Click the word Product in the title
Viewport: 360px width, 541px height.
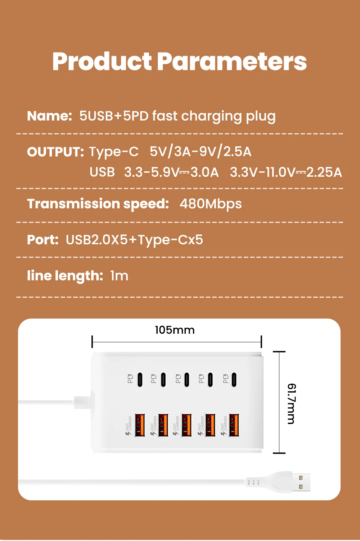click(x=102, y=62)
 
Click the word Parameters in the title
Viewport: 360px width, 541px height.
click(x=231, y=62)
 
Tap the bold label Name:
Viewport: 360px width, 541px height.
click(x=50, y=116)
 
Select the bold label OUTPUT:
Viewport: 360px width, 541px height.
click(x=55, y=152)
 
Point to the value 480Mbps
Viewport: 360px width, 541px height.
click(x=211, y=204)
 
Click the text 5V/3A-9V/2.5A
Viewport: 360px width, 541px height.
click(x=201, y=152)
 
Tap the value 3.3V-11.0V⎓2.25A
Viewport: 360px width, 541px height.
click(x=286, y=172)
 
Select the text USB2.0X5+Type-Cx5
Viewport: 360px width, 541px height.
click(x=134, y=240)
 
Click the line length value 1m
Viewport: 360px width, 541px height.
click(x=119, y=276)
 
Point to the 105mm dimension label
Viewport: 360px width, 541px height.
click(x=175, y=330)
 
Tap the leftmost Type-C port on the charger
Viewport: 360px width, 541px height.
click(x=140, y=379)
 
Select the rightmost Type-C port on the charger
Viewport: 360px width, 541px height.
click(x=234, y=379)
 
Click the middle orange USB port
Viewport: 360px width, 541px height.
click(x=186, y=425)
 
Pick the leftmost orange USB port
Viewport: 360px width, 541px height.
click(x=140, y=425)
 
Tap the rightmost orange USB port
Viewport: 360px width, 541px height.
click(x=234, y=425)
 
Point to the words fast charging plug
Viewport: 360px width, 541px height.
click(x=214, y=116)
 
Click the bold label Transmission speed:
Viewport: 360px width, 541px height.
click(x=98, y=204)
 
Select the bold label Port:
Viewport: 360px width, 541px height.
click(x=43, y=240)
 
